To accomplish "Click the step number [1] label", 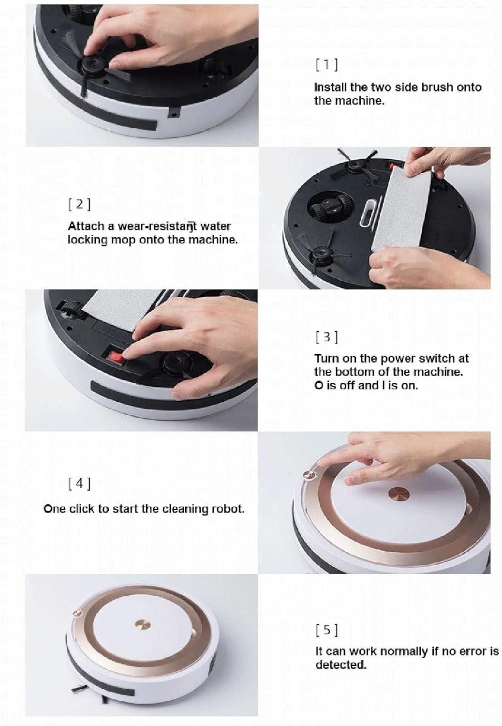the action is point(326,65).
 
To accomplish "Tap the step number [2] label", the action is point(79,204).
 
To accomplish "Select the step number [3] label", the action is point(326,337).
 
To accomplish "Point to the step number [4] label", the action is point(79,484).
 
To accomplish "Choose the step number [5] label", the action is point(326,630).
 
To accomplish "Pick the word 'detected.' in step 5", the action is point(341,665).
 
